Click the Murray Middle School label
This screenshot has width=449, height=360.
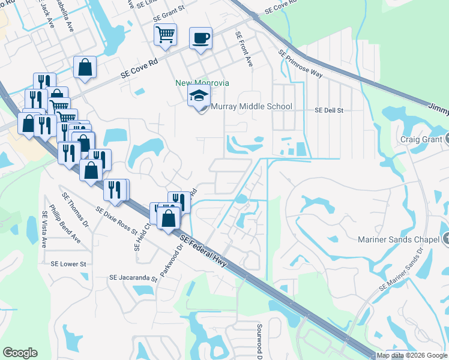pos(252,107)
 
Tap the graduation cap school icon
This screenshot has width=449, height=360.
pos(199,95)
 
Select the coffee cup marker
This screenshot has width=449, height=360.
pos(200,39)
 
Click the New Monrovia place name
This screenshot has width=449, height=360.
pos(202,83)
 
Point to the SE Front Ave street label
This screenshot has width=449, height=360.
pos(244,49)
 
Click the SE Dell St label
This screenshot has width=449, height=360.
pos(329,111)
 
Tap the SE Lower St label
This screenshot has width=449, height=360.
pos(68,264)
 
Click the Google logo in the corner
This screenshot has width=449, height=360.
pos(20,353)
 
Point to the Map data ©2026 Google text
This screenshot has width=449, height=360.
pos(412,355)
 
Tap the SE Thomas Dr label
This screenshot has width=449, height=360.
pos(76,211)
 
